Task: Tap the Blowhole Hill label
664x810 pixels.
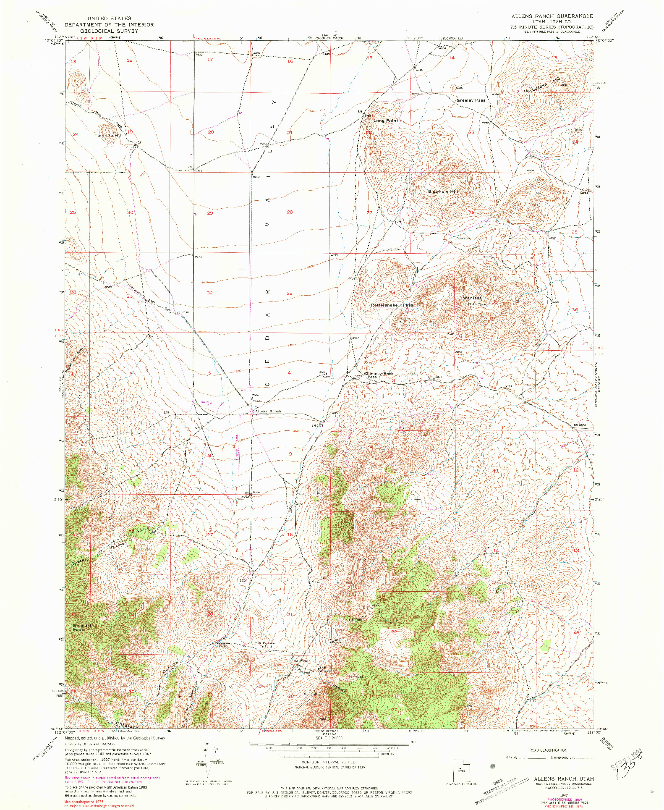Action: [x=443, y=191]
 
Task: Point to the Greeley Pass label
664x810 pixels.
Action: [x=471, y=100]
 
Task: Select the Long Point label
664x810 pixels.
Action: [x=386, y=121]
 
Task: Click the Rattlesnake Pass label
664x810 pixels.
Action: [x=392, y=305]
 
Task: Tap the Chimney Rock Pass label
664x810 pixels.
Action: [x=379, y=375]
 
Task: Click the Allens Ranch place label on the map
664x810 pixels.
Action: [x=268, y=412]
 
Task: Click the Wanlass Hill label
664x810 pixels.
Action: [x=472, y=300]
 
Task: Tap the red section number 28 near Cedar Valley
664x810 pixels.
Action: [x=289, y=212]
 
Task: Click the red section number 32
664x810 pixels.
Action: [x=209, y=293]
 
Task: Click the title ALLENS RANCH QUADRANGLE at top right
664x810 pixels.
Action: [x=552, y=16]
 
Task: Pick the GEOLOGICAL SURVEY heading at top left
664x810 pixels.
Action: [x=109, y=31]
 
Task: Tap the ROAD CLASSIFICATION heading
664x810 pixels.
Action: [x=548, y=750]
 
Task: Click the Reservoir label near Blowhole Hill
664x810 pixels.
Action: [x=463, y=238]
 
